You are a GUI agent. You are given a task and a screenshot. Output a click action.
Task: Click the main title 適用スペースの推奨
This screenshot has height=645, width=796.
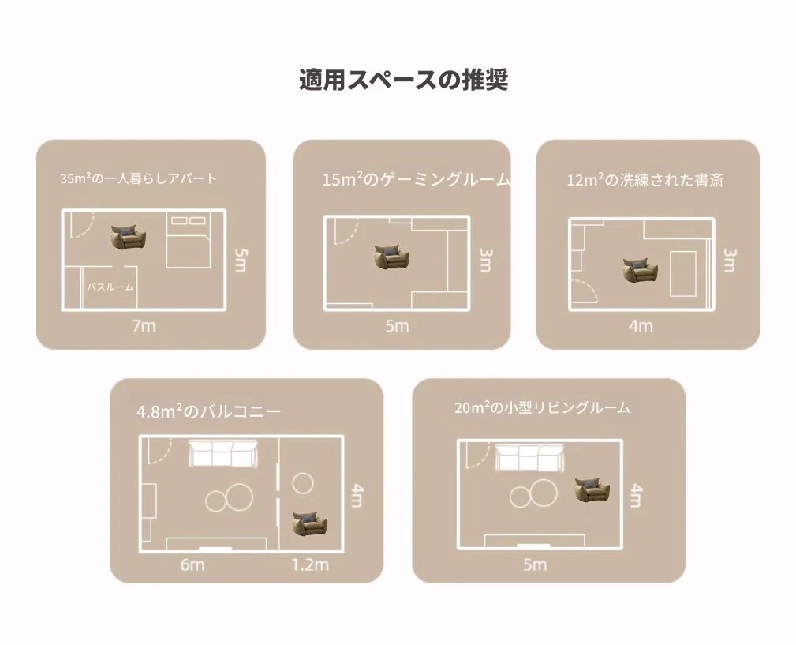404,81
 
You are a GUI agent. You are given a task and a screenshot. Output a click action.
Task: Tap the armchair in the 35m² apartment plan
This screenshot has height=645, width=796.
129,238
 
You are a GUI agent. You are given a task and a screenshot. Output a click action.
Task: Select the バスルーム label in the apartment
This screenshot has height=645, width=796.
110,287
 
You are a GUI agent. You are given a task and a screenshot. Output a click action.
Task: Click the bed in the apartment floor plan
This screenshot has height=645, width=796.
189,240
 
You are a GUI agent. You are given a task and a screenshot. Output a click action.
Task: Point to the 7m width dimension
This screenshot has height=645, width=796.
144,325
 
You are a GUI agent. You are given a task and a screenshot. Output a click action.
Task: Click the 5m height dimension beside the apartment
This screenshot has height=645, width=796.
241,260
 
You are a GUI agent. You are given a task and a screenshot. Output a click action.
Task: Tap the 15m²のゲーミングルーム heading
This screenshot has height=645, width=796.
417,179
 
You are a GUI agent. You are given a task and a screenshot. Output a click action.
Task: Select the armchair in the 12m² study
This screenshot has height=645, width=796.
640,270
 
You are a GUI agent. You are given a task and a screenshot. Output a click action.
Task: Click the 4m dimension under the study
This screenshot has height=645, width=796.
641,325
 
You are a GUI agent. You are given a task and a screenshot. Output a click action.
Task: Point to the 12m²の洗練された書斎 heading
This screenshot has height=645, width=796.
645,180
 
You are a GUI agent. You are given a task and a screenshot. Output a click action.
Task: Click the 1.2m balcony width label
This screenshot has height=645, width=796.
310,564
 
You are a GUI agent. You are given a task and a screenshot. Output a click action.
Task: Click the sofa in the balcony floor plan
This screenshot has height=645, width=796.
223,453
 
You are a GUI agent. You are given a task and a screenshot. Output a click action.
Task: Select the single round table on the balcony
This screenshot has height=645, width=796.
303,483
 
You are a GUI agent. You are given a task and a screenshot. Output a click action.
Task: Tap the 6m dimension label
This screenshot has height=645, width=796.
192,564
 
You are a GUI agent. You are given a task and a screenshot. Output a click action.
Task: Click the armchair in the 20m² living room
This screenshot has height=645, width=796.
592,490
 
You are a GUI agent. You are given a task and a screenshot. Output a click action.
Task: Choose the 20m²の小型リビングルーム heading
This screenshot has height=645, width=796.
543,408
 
